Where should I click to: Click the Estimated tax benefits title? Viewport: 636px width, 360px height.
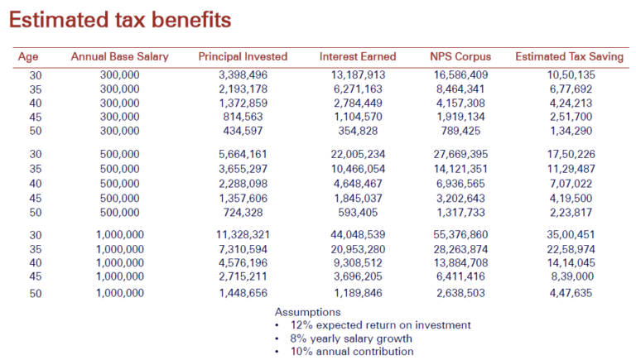[120, 20]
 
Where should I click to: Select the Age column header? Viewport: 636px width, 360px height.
[28, 57]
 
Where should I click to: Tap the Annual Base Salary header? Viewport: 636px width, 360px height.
[119, 56]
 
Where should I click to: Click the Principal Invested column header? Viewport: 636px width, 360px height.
[243, 56]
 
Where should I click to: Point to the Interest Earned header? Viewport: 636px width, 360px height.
[358, 56]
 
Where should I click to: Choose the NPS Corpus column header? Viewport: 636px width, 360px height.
[460, 56]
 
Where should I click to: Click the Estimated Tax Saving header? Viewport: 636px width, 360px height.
[570, 56]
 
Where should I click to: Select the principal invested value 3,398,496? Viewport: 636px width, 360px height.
[243, 75]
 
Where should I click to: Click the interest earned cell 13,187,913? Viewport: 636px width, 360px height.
[358, 75]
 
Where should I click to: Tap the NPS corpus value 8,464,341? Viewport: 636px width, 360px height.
[460, 89]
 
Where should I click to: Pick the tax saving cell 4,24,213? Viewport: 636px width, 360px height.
[571, 103]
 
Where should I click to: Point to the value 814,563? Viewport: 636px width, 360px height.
[243, 117]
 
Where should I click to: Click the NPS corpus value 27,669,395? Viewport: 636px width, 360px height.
[460, 155]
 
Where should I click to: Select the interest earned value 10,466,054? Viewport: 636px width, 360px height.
[358, 169]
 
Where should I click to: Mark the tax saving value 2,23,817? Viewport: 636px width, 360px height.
[571, 213]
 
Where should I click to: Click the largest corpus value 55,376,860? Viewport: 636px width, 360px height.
[460, 235]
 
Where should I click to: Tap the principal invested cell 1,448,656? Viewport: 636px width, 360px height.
[243, 293]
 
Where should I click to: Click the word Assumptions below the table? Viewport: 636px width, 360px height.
[307, 312]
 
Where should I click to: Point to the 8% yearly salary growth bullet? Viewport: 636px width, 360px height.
[351, 338]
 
